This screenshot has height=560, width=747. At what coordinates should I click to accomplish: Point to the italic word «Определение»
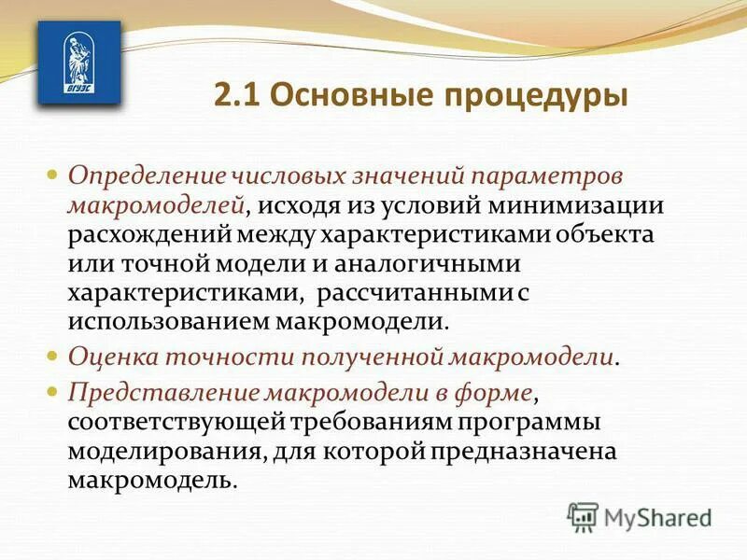[x=140, y=175]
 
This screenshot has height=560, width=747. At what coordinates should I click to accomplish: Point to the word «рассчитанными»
[x=413, y=291]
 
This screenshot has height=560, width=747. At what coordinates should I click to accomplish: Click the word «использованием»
[x=165, y=321]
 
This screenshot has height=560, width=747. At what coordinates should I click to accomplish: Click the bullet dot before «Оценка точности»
[x=53, y=357]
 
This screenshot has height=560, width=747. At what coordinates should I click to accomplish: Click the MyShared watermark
[x=641, y=516]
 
